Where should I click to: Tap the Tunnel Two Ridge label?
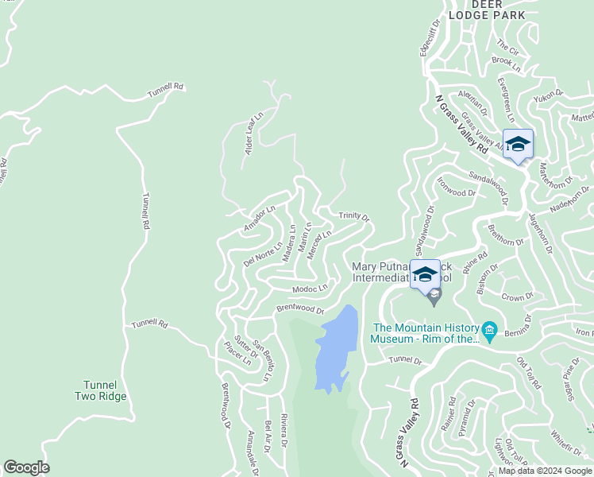pos(101,390)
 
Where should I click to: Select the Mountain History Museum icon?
pos(489,329)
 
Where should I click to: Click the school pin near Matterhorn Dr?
pos(518,144)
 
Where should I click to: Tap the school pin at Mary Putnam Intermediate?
pos(425,274)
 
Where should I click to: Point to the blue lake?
pos(334,350)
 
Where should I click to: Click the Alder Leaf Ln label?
pos(254,134)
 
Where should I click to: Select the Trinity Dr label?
pos(354,215)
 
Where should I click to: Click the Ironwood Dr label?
pos(456,187)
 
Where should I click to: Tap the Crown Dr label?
pos(517,296)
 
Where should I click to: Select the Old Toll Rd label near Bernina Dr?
pos(528,374)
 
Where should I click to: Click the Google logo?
pos(26,467)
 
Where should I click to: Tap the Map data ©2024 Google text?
pos(546,471)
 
